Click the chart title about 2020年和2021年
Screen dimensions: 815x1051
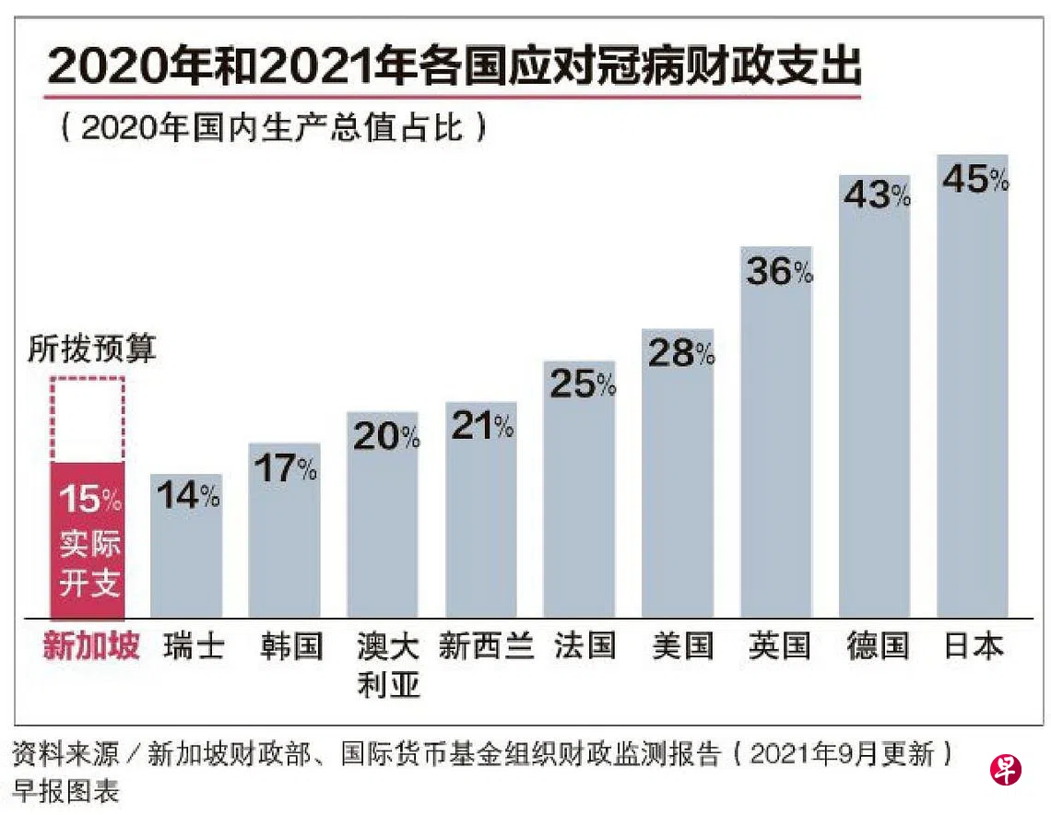click(x=455, y=66)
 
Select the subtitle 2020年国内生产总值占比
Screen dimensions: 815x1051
click(x=274, y=128)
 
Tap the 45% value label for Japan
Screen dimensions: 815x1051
click(x=974, y=180)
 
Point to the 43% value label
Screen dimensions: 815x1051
click(x=876, y=195)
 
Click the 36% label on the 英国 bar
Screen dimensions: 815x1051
click(x=778, y=271)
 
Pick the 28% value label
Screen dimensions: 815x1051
click(x=680, y=353)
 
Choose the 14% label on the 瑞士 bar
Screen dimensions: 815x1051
click(x=187, y=496)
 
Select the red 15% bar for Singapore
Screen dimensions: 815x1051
click(x=88, y=539)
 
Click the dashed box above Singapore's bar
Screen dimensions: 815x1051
click(x=88, y=419)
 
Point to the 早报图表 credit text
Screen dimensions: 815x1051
click(x=65, y=791)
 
